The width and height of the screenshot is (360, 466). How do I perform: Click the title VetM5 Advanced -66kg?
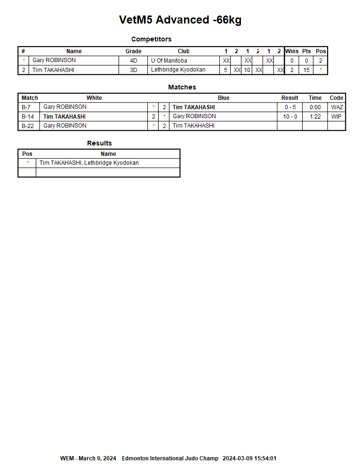(x=180, y=20)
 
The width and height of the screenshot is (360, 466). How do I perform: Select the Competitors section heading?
(x=151, y=39)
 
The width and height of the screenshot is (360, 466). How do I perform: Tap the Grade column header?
(x=133, y=51)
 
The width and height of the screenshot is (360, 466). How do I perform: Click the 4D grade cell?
(x=133, y=61)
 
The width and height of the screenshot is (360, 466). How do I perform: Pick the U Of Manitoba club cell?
(x=169, y=61)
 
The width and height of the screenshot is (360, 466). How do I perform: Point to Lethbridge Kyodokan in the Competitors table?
(x=178, y=70)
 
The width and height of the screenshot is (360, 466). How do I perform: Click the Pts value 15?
(x=306, y=70)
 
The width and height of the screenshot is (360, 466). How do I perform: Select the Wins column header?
(x=292, y=51)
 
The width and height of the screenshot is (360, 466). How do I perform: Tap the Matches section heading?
(x=182, y=87)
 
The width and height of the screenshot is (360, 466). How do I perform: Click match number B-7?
(x=26, y=107)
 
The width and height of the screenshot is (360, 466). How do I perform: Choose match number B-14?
(x=28, y=117)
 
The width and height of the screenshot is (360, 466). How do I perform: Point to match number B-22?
(x=28, y=126)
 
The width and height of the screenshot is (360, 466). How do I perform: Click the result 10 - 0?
(x=290, y=117)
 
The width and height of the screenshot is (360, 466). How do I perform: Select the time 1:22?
(x=315, y=117)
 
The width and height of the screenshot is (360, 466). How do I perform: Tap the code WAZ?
(x=337, y=107)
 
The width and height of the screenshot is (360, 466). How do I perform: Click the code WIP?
(x=336, y=117)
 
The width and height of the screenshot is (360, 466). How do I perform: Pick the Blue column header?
(x=224, y=98)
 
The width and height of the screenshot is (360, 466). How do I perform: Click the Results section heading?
(x=99, y=143)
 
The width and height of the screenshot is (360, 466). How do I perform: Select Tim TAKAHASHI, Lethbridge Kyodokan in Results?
(x=89, y=163)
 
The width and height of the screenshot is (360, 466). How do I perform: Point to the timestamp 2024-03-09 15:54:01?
(x=249, y=458)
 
